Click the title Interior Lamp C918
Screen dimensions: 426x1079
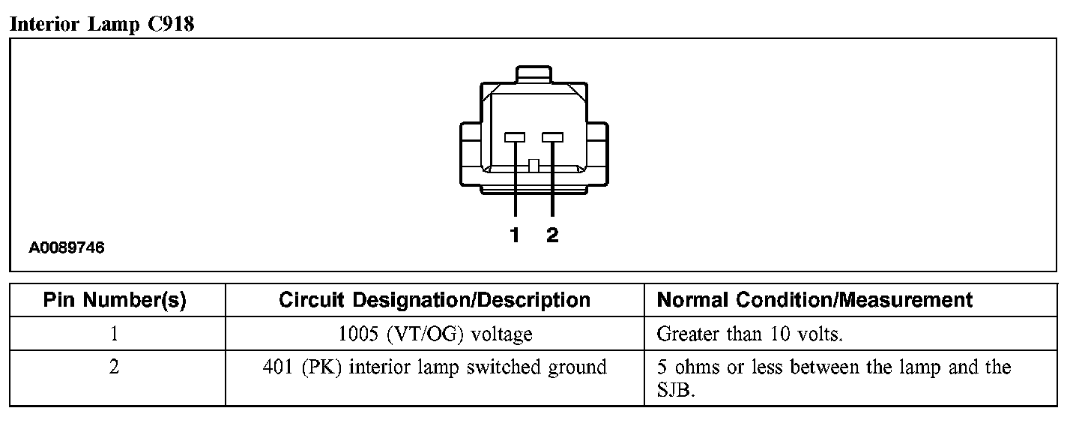[101, 24]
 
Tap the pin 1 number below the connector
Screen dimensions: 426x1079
[515, 235]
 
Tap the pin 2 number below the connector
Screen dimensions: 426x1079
[552, 235]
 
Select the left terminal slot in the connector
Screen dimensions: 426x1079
[515, 137]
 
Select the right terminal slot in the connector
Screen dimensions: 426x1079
[553, 137]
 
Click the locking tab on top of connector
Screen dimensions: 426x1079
[534, 76]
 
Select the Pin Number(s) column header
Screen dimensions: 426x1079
[115, 301]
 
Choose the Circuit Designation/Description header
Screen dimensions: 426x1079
[435, 301]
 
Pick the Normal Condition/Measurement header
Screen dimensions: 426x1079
[814, 301]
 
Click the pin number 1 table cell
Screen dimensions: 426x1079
[115, 333]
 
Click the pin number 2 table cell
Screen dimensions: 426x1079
[115, 367]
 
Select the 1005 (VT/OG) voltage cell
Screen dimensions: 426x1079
[435, 334]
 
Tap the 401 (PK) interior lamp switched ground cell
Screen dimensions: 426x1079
[435, 367]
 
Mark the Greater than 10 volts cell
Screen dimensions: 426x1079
[749, 334]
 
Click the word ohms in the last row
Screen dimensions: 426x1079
[690, 367]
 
